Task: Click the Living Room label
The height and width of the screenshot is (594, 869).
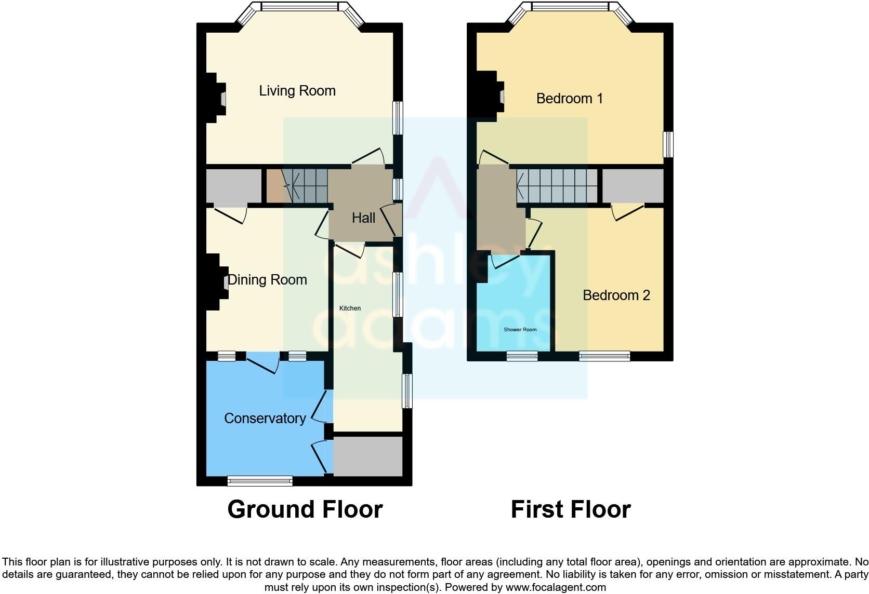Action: click(297, 91)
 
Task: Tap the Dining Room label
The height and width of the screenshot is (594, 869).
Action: click(267, 280)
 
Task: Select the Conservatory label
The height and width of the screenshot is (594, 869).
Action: click(265, 419)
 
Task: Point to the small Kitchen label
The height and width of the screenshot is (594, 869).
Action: click(350, 308)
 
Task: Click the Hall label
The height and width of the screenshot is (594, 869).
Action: click(363, 218)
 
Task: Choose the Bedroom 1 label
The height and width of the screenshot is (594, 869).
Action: click(569, 99)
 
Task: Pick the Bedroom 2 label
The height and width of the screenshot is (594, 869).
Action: click(616, 295)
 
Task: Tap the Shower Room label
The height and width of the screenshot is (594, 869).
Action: click(520, 330)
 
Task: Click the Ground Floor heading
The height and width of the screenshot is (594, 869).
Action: click(305, 509)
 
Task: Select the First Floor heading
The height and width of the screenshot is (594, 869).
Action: click(570, 509)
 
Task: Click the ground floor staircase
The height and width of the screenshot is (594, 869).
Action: click(304, 186)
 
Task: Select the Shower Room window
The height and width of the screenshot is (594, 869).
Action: click(522, 356)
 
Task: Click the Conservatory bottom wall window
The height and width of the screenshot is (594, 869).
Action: click(260, 481)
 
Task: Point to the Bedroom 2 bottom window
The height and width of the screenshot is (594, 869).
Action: click(604, 356)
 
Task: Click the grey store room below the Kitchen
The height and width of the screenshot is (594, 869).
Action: click(367, 456)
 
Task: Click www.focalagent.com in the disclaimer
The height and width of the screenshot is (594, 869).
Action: click(556, 588)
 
